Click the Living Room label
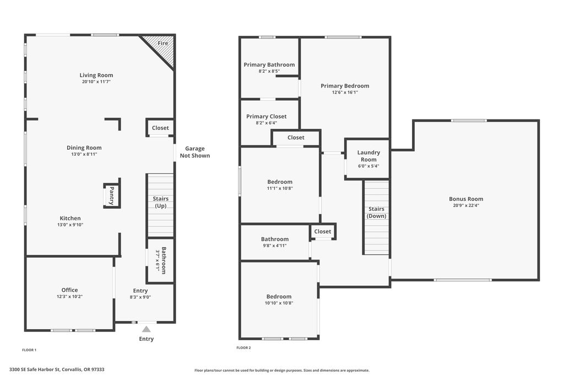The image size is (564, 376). [96, 75]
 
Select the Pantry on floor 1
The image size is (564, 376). [112, 195]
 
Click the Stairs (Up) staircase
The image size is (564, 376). [160, 205]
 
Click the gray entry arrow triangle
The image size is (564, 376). [146, 329]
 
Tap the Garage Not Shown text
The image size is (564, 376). [194, 152]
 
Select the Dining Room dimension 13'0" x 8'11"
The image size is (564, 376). [84, 154]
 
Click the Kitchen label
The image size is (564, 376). [70, 218]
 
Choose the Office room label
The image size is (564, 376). [69, 290]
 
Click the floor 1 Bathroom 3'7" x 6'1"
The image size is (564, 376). [161, 260]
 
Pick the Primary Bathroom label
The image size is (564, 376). [269, 65]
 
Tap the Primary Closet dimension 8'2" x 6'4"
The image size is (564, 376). [266, 123]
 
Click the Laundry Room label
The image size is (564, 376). [368, 156]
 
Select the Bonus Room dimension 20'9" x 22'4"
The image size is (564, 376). [466, 205]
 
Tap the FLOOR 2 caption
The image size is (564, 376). [243, 347]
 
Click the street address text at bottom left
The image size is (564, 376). [57, 369]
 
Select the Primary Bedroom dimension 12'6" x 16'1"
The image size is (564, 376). [345, 92]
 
